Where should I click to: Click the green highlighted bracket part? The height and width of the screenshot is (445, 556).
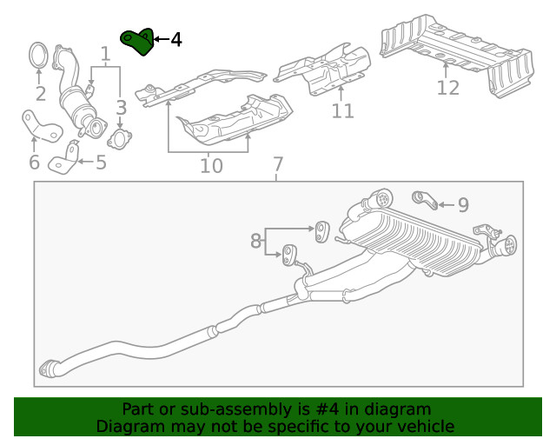[x=136, y=41]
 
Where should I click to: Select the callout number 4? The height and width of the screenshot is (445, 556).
[x=176, y=40]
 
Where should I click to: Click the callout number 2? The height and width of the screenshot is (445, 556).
[x=40, y=94]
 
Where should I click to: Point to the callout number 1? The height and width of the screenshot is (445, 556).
[x=106, y=56]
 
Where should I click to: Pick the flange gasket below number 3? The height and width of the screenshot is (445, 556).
[x=119, y=137]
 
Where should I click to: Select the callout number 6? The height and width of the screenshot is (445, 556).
[x=34, y=163]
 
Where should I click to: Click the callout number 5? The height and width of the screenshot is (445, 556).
[x=101, y=162]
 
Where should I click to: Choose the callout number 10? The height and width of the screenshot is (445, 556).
[x=211, y=164]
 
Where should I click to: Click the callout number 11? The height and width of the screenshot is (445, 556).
[x=342, y=111]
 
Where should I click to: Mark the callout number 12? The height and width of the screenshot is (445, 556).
[x=447, y=88]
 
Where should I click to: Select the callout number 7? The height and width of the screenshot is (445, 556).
[x=277, y=164]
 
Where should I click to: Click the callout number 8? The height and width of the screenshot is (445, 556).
[x=256, y=241]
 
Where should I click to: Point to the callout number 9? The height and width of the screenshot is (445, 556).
[x=463, y=205]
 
